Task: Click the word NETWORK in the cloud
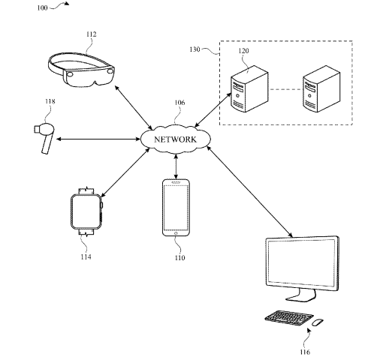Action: point(175,139)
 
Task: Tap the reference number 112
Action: point(91,34)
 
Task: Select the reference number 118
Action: point(50,101)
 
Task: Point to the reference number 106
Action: point(179,103)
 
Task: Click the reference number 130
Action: point(195,49)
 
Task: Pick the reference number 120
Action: point(243,51)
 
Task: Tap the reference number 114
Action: point(86,256)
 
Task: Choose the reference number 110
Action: point(179,257)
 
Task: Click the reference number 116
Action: point(305,352)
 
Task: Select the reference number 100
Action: point(42,8)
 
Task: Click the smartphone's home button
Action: point(176,233)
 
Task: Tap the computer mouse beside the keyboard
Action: point(318,322)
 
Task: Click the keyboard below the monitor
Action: point(289,318)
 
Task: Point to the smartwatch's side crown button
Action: point(102,205)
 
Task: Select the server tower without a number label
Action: point(321,88)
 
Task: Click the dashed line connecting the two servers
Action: point(285,89)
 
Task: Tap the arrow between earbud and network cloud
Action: point(98,139)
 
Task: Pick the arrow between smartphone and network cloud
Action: point(176,166)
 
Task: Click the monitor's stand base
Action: point(300,297)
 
